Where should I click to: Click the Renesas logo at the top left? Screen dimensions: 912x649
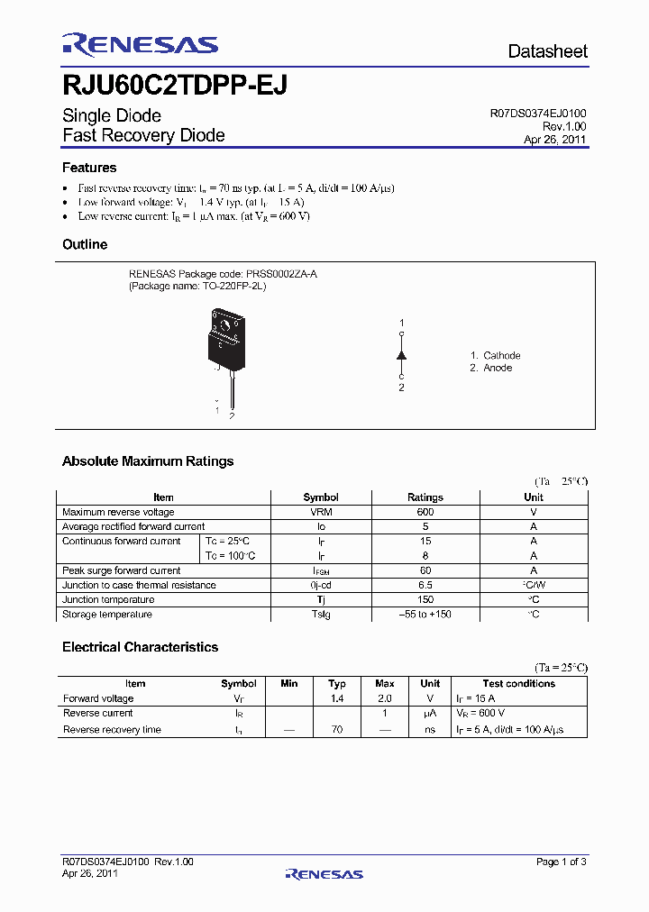point(140,45)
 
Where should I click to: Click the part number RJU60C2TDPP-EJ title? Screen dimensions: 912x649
point(175,85)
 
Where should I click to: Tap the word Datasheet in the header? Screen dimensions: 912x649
point(547,51)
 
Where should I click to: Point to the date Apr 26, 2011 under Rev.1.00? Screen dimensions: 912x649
point(555,140)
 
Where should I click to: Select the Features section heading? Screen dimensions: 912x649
point(89,168)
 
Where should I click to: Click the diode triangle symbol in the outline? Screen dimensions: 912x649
point(402,355)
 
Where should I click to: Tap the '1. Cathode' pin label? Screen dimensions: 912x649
point(495,355)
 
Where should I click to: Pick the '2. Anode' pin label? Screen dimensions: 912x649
point(491,368)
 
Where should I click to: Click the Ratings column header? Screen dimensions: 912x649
point(425,497)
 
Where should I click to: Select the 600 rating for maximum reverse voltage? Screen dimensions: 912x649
point(425,512)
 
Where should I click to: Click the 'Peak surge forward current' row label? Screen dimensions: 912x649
point(121,570)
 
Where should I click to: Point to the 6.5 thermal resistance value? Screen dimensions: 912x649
point(425,585)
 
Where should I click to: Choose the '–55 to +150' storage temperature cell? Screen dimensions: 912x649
point(425,615)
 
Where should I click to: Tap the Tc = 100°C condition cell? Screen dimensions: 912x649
point(231,556)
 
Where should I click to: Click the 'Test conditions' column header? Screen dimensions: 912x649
point(518,684)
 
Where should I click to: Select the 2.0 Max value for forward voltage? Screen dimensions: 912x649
point(384,698)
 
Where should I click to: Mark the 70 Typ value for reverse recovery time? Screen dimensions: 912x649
point(336,729)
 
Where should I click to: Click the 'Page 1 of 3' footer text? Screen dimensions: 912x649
point(562,862)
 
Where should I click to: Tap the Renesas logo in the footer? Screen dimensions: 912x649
point(324,873)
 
